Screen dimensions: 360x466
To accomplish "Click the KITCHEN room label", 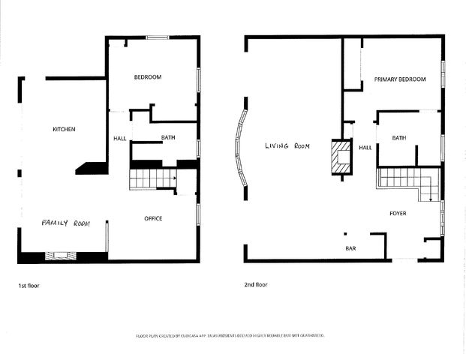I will (64, 130).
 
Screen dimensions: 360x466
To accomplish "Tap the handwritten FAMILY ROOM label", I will (65, 223).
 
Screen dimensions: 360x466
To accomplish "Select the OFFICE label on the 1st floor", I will (153, 218).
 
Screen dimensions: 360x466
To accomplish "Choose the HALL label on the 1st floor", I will (120, 138).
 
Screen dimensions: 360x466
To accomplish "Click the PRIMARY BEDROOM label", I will (400, 79).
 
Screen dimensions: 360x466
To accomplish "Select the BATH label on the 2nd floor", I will (398, 137).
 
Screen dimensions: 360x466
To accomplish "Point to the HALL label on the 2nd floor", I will (365, 148).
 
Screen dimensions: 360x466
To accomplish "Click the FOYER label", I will (398, 214).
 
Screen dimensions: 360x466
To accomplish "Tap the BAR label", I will (350, 247).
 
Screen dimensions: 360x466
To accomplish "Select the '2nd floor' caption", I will (256, 285).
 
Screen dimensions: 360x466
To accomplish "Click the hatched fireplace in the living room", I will (342, 157).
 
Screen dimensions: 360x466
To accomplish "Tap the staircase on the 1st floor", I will (152, 179).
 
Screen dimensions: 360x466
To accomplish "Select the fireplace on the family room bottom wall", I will (60, 256).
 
